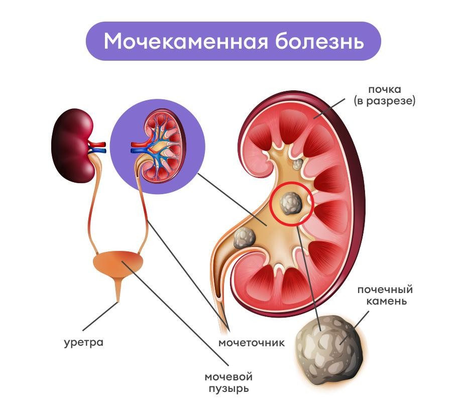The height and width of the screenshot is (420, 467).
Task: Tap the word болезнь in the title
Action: [x=319, y=41]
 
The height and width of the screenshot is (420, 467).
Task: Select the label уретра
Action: [x=84, y=343]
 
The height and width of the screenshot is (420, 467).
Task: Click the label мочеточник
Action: [x=252, y=343]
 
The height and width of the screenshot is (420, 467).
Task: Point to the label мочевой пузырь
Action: [x=228, y=383]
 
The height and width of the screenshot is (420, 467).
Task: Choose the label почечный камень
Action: [x=385, y=295]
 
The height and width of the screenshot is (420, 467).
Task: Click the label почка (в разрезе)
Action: [x=385, y=95]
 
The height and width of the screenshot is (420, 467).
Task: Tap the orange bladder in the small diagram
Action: [x=119, y=264]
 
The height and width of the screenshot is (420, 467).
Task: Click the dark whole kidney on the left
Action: [x=73, y=146]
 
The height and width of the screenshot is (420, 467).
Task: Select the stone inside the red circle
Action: [x=291, y=204]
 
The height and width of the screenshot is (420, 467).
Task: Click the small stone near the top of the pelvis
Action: [x=298, y=164]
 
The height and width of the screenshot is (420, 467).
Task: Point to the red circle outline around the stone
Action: [x=292, y=203]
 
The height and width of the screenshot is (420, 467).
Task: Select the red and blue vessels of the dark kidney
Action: [x=97, y=147]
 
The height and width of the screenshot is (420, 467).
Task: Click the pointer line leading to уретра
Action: [x=100, y=317]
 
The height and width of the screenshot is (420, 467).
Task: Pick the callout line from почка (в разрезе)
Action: [x=329, y=108]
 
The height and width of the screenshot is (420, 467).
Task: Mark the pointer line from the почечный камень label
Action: [x=355, y=328]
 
